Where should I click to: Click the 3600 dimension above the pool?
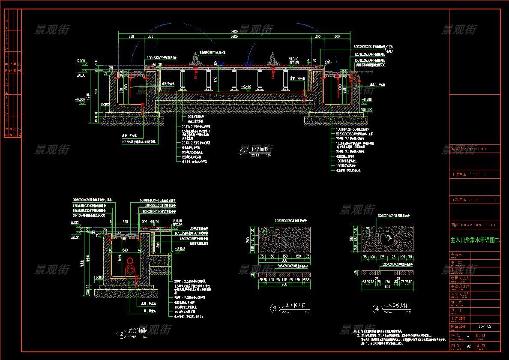point(234,37)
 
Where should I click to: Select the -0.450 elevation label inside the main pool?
point(246,87)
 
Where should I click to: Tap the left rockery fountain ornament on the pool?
point(198,59)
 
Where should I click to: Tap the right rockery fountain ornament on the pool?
point(272,59)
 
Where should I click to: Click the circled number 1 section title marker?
point(245,151)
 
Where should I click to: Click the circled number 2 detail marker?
point(122,333)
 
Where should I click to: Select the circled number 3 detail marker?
point(274,308)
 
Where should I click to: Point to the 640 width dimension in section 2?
point(125,250)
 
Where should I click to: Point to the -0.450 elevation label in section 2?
point(179,248)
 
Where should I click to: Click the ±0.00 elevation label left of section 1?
point(81,76)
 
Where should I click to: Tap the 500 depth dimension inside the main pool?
point(216,78)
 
